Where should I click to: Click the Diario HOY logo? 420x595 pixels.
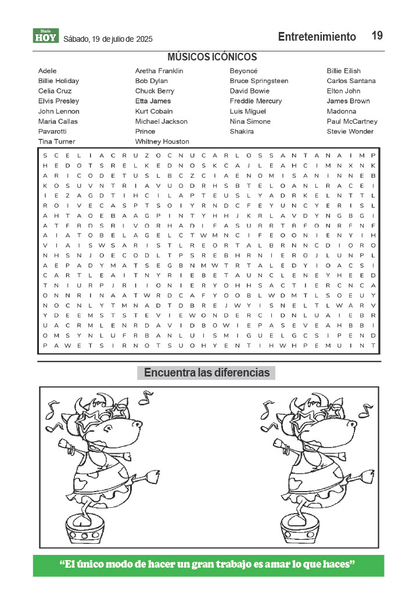point(46,36)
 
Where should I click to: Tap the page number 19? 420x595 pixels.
point(377,36)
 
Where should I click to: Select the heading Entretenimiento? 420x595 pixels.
point(317,37)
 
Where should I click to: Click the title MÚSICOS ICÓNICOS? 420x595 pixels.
point(212,57)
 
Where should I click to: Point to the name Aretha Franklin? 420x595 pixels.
point(159,71)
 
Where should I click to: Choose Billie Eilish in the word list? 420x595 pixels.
point(343,71)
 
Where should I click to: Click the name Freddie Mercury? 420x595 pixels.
point(256,101)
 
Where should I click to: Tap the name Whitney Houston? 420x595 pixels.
point(162,141)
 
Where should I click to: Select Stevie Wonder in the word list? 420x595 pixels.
point(350,131)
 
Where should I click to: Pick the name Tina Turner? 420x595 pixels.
point(56,141)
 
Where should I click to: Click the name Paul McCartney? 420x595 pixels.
point(352,121)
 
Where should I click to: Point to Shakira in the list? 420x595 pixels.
point(242,131)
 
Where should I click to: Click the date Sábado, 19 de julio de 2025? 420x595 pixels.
point(108,40)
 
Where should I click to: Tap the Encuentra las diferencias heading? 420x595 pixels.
point(207,373)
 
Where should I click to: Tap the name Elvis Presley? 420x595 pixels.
point(59,101)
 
